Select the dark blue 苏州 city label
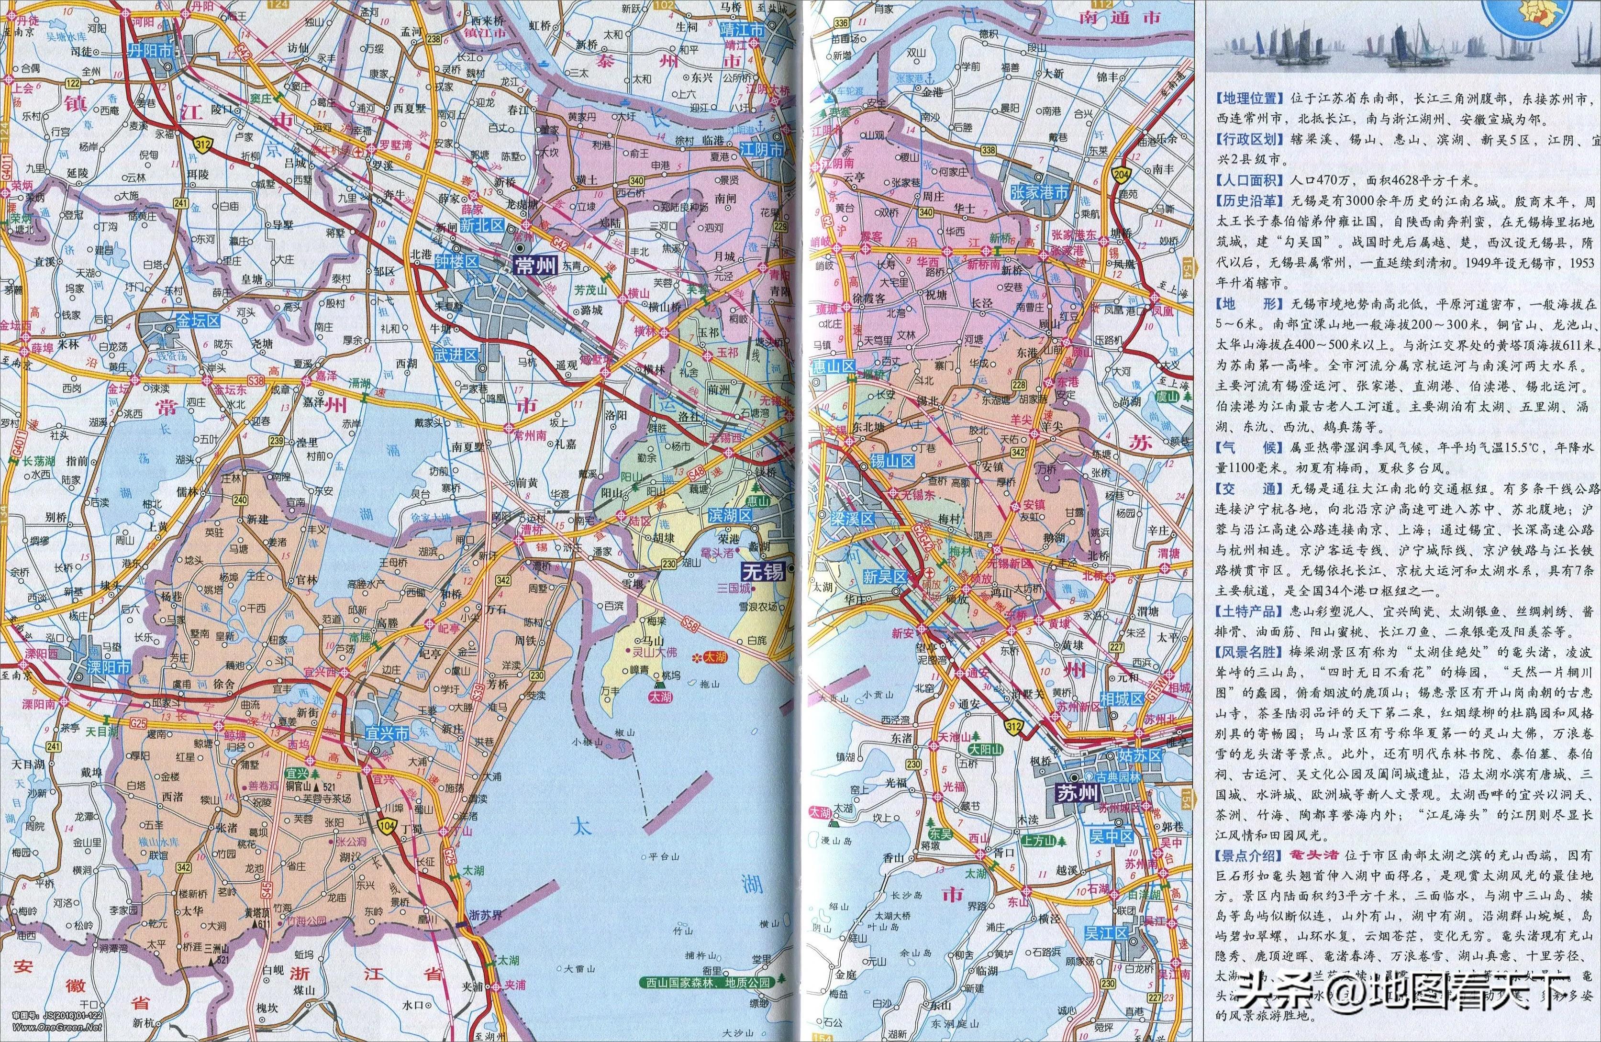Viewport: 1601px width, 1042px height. pos(1076,793)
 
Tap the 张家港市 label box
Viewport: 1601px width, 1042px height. pos(1040,192)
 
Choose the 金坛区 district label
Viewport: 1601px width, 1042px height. pos(199,321)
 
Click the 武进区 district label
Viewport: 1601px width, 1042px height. pos(456,355)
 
